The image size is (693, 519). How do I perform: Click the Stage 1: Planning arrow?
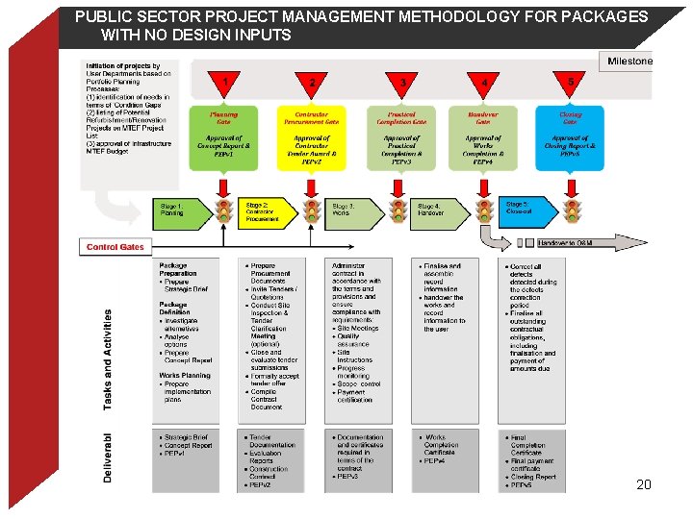pos(181,210)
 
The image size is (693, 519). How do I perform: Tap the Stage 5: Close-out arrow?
pos(525,210)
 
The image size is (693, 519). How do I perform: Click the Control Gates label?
pos(115,247)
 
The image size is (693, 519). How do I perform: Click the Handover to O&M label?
pos(565,244)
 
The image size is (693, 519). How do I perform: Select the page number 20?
pos(644,484)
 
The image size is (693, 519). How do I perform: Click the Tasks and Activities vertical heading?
pos(107,358)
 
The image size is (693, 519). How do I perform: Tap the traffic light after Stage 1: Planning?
pos(223,210)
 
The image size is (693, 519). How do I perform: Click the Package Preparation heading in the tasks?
pos(179,270)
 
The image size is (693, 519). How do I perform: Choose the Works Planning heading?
pos(184,376)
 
